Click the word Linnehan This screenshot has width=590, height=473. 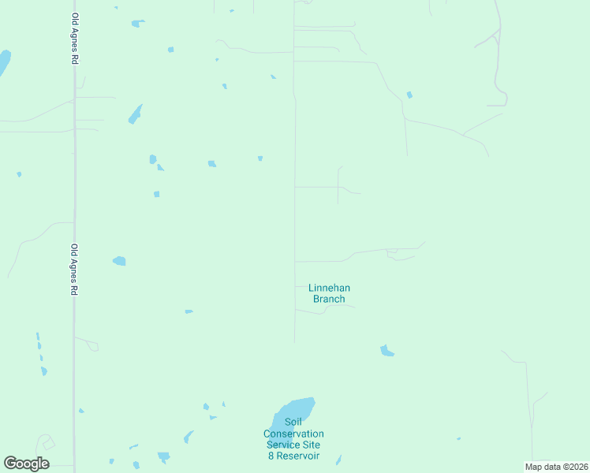coord(329,289)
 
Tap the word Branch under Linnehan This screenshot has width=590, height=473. coord(329,299)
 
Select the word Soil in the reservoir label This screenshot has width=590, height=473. coord(293,423)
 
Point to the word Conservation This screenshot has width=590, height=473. coord(293,434)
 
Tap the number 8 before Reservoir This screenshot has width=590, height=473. coord(271,456)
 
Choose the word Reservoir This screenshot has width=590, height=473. coord(298,456)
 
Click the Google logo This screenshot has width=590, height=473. coord(26,463)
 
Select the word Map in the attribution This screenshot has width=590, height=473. coord(533,467)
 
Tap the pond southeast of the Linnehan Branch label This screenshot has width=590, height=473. coord(386,351)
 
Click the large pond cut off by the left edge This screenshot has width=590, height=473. coord(4,61)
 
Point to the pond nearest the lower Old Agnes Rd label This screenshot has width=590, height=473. coord(119,261)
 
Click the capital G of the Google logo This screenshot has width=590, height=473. coord(10,463)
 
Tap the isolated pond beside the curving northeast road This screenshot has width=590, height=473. coord(409,95)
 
